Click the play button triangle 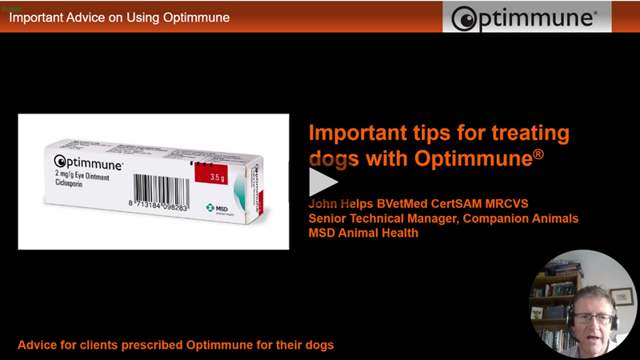pos(322,182)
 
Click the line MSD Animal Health pos(363,233)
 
